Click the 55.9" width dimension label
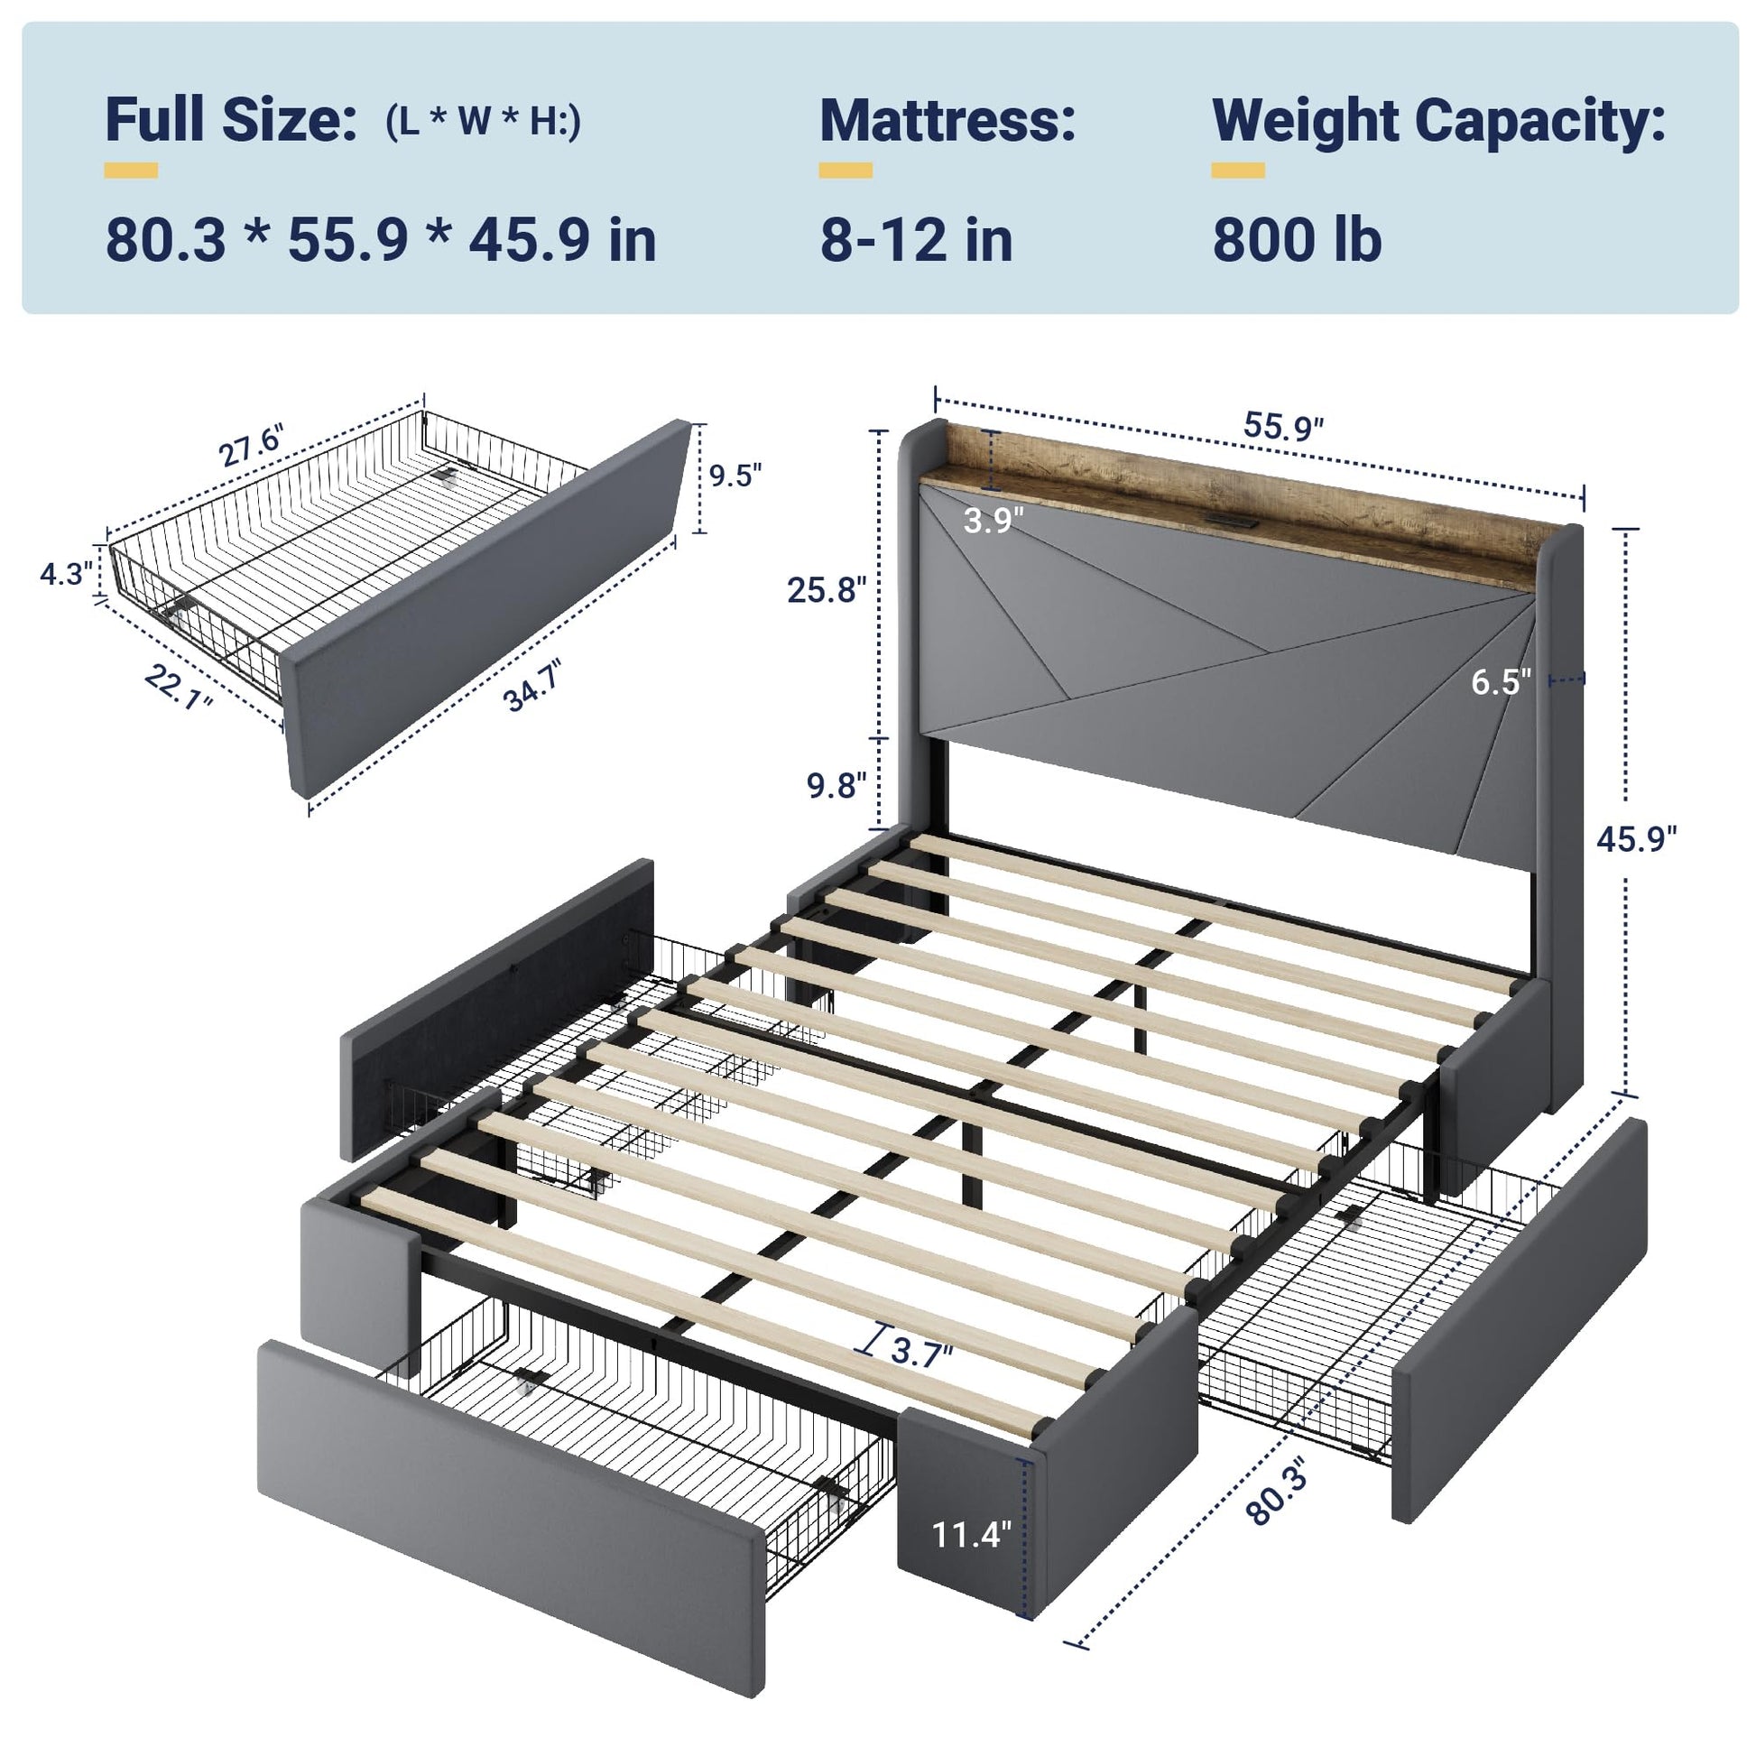(1283, 426)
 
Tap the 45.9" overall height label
(1637, 839)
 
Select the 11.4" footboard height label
(972, 1535)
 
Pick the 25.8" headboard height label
(827, 590)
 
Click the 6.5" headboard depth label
(1502, 681)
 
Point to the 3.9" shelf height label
(994, 520)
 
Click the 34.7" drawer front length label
(532, 686)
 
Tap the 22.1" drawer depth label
(178, 687)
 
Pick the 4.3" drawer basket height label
(67, 575)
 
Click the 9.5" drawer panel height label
(735, 475)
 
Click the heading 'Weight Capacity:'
(1439, 121)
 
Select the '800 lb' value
(1297, 240)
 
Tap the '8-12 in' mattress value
(916, 240)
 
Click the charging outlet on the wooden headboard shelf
(1232, 521)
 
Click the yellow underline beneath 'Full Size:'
(131, 171)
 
